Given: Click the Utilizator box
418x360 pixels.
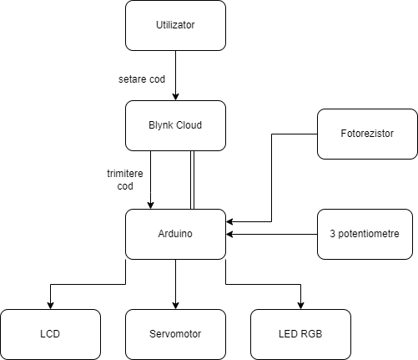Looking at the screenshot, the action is [175, 25].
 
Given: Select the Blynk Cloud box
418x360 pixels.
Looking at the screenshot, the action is [175, 125].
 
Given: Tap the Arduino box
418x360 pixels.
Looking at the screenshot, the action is [175, 234].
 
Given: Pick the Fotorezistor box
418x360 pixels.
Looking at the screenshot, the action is [367, 134].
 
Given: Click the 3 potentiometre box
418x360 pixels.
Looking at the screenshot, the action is [365, 234].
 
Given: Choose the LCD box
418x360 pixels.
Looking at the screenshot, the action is [50, 334].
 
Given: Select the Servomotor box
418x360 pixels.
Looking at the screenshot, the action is [175, 334].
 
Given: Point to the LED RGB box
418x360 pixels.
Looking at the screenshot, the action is [300, 334].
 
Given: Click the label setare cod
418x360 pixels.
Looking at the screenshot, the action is [142, 79].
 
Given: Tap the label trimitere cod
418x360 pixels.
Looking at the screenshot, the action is [125, 180].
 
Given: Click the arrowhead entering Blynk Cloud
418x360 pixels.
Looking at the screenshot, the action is [175, 97].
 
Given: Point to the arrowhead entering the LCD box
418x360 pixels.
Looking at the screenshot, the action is [50, 306].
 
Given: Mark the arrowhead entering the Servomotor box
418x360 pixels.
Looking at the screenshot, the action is [175, 306].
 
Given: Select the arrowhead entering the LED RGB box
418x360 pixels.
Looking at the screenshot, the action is [300, 306].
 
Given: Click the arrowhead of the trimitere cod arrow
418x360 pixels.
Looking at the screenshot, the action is [150, 205].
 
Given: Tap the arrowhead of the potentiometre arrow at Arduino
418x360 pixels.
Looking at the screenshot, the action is [229, 234].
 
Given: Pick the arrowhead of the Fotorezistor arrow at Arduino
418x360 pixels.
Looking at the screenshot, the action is [229, 221].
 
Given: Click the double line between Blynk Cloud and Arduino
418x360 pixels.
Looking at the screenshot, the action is [192, 180].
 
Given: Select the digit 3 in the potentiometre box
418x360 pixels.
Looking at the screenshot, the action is [333, 234].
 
